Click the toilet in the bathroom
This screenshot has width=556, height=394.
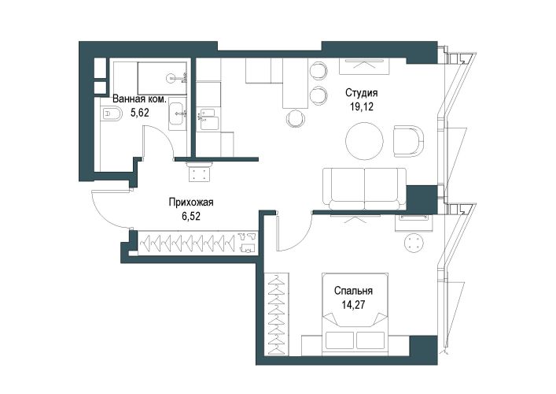coord(111,114)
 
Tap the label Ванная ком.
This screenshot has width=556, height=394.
coord(139,98)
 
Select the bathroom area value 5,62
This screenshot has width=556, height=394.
coord(140,113)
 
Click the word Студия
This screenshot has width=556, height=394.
coord(361,93)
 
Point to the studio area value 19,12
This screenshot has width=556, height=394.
coord(362,106)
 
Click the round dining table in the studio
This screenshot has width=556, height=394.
coord(365,141)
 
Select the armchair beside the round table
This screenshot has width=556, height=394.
coord(408,141)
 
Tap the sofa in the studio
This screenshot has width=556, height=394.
coord(365,188)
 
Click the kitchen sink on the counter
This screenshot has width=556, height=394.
coord(208,119)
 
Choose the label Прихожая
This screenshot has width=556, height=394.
coord(191,203)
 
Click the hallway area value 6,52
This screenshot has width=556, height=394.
coord(191,216)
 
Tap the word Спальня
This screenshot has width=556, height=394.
coord(353,291)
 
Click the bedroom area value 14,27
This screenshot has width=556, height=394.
coord(353,305)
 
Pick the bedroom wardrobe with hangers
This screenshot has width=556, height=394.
coord(277,314)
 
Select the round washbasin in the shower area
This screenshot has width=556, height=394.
coord(171,77)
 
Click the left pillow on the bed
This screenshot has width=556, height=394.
coord(340,340)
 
